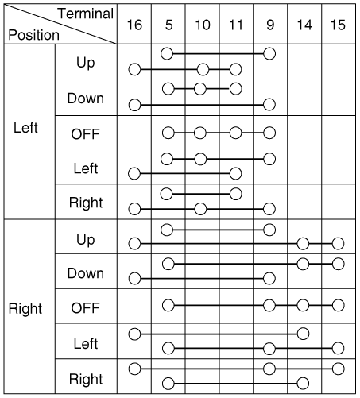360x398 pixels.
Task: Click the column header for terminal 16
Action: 134,25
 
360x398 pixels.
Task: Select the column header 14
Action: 304,25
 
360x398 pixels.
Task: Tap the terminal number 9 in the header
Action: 270,25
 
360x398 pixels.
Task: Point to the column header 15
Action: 338,25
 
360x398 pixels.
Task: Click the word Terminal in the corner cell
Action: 86,14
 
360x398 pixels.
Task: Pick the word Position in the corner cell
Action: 34,35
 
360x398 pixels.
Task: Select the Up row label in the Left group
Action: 86,63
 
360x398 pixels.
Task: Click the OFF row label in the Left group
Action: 85,134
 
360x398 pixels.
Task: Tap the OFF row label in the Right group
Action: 85,307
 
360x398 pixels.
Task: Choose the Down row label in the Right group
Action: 86,273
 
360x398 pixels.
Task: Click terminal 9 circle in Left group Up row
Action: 269,54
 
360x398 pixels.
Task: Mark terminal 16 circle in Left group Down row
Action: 134,105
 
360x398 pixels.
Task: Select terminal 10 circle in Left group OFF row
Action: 200,133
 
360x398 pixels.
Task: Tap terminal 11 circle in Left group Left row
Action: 235,173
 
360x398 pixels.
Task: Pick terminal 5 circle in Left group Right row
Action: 167,194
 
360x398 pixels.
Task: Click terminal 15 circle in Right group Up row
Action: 339,244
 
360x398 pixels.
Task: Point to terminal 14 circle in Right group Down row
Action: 303,264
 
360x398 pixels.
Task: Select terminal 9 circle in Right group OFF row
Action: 269,305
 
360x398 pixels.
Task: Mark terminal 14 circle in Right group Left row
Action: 303,334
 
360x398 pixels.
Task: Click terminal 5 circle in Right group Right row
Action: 168,384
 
